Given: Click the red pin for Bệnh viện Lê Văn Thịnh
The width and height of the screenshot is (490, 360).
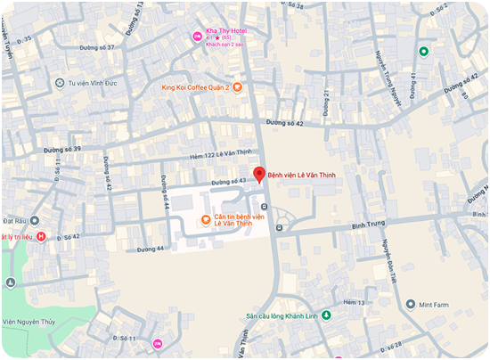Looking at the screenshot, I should (x=259, y=175).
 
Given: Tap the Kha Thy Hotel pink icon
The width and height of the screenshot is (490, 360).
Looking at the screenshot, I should (x=199, y=37).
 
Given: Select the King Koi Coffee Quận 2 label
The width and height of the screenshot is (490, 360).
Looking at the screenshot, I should (x=195, y=87).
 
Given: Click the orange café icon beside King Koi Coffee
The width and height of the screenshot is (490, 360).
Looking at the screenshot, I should (x=238, y=87).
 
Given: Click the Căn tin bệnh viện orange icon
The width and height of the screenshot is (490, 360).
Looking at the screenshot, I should (x=206, y=219).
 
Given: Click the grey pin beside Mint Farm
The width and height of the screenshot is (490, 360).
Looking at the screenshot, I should (x=411, y=304).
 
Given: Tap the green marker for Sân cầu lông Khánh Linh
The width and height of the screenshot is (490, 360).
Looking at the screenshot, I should (x=326, y=315).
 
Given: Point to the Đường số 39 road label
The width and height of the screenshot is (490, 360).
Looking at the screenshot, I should (x=64, y=148).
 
